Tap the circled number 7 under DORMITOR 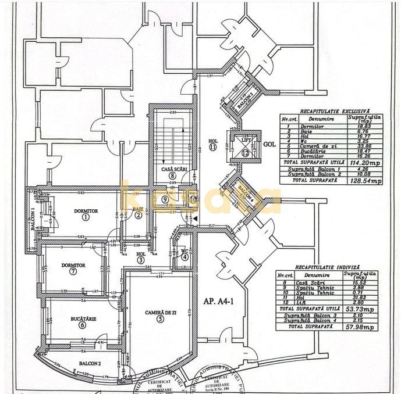tap(72, 271)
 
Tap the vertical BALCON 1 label tap(33, 220)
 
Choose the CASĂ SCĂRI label tap(172, 169)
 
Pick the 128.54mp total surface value tap(368, 181)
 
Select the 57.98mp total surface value tap(363, 327)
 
